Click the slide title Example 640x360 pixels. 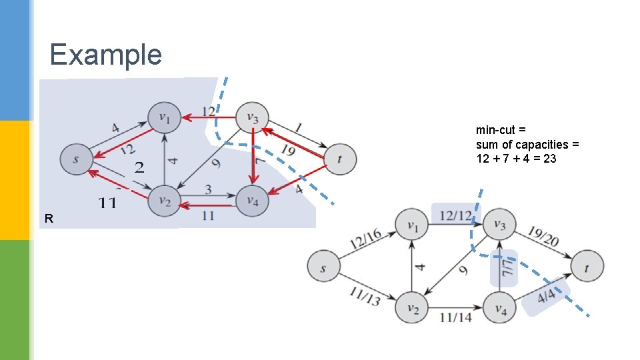[105, 54]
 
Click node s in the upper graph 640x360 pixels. [76, 159]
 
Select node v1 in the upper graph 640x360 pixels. [164, 118]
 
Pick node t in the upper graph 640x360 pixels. [340, 159]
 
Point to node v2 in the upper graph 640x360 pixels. [164, 199]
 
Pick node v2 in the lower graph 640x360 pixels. [412, 307]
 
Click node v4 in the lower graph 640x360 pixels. [500, 307]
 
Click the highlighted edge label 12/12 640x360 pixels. [456, 215]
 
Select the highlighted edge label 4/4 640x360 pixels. [547, 297]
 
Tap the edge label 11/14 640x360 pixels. [455, 317]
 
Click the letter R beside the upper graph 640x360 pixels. [48, 218]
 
